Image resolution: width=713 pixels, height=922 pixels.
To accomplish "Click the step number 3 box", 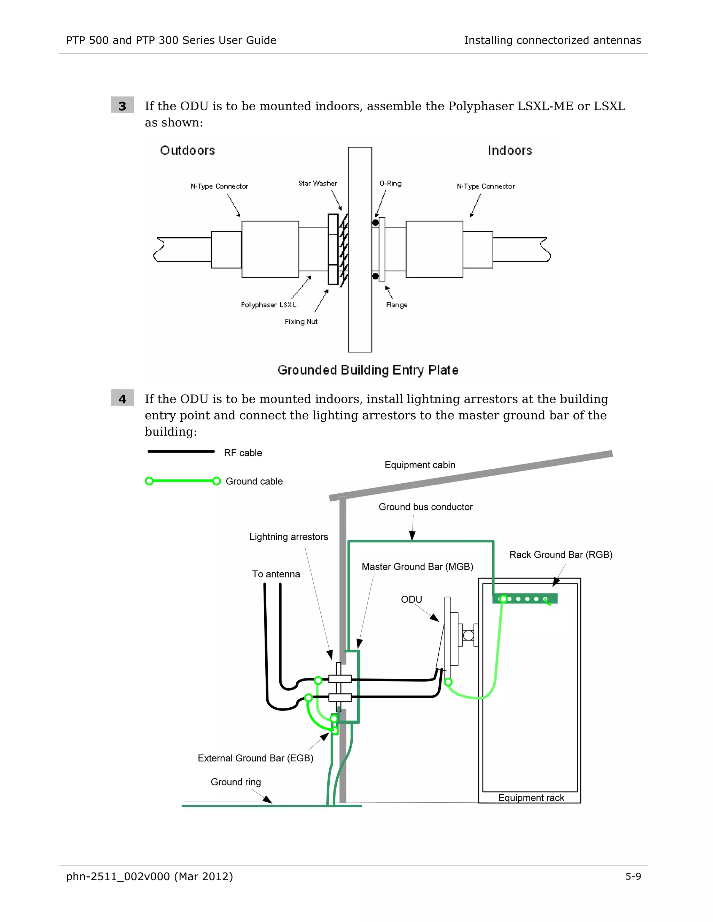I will (x=122, y=105).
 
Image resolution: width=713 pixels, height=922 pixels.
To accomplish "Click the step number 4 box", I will (x=122, y=398).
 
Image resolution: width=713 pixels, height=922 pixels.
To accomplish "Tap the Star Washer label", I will (x=318, y=183).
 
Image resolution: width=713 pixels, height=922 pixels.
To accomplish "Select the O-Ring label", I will (x=390, y=183).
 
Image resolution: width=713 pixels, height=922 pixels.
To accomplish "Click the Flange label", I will (x=397, y=305).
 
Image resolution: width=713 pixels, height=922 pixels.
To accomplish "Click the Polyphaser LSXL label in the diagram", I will (x=269, y=305).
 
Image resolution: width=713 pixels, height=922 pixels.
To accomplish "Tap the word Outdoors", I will (x=188, y=150).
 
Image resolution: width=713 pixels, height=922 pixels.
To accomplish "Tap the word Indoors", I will (x=509, y=150).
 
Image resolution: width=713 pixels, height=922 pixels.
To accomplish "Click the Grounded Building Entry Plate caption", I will (x=368, y=370).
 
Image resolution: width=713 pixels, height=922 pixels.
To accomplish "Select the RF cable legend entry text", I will (x=243, y=453).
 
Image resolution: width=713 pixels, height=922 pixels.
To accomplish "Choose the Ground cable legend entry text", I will (x=254, y=481).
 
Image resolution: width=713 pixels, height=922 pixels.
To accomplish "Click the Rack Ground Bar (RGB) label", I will (x=561, y=555).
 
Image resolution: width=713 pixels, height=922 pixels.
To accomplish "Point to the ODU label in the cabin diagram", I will (x=412, y=599).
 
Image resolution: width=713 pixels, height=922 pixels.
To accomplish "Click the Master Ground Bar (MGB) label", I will (x=417, y=566).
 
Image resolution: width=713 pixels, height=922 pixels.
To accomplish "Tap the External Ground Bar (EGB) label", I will (x=255, y=758).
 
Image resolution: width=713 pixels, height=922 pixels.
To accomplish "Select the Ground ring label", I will (x=236, y=782).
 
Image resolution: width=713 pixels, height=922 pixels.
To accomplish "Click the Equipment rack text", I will (x=531, y=797).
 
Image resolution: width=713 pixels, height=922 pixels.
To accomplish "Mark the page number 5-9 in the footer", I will (x=633, y=876).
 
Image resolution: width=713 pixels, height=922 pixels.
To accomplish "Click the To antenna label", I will (x=276, y=574).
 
